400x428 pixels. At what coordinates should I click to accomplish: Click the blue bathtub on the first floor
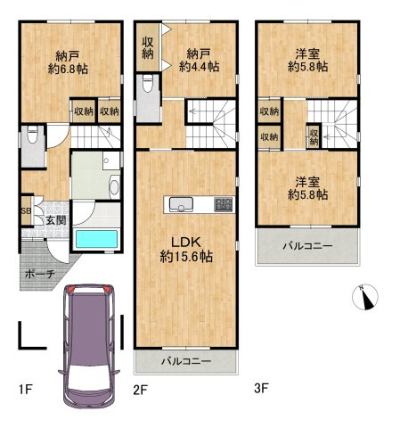coord(96,239)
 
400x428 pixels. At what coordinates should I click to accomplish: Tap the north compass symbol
coord(365,297)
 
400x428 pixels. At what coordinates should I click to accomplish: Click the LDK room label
coord(186,243)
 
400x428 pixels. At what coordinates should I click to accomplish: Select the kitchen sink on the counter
coord(181,205)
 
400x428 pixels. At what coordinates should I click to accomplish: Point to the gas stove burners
coord(224,204)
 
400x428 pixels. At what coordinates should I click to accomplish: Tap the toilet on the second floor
coord(148,83)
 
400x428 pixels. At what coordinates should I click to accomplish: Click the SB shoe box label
coord(26,211)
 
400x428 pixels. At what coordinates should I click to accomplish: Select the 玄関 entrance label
coord(56,220)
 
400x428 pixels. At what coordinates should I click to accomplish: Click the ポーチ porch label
coord(40,274)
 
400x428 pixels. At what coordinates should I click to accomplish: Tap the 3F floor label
coord(261,388)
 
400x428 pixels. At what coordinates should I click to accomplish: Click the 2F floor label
coord(140,390)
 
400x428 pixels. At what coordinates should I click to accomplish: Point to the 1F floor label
coord(25,389)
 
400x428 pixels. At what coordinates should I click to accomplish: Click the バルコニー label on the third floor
coord(307,246)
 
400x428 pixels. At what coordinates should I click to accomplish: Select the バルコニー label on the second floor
coord(186,361)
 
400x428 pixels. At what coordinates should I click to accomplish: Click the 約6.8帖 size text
coord(68,70)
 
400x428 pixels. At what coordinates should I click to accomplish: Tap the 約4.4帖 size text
coord(199,67)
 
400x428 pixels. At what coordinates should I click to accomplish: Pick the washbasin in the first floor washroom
coord(114,187)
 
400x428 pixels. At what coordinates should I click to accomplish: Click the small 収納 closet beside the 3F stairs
coord(314,136)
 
